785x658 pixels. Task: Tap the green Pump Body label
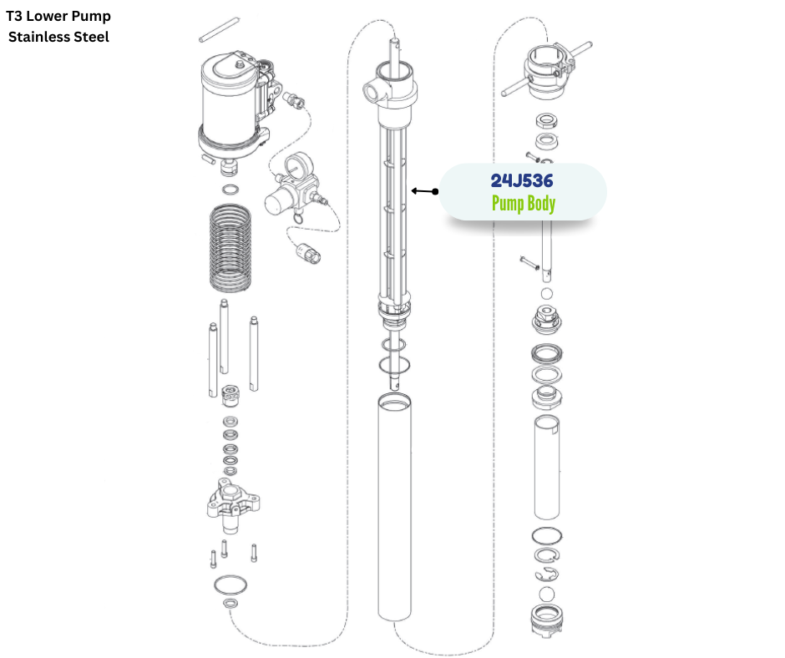(523, 203)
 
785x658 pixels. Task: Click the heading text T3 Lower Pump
(58, 16)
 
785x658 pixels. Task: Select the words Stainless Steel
(58, 37)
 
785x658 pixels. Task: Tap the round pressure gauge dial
(294, 170)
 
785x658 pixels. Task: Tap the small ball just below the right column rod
(547, 294)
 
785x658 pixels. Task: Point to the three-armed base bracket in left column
(230, 504)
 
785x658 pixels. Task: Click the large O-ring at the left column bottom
(230, 584)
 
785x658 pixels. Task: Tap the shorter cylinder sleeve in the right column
(547, 468)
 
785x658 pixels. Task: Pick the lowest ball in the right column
(547, 594)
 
